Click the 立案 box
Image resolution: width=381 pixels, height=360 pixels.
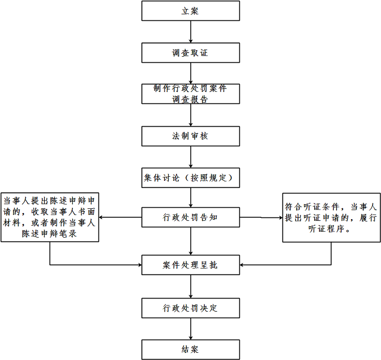(190, 11)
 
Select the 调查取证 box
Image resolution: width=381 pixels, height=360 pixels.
(190, 53)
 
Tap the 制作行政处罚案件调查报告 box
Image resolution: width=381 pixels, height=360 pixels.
(190, 94)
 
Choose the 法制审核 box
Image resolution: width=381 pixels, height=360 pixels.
(190, 136)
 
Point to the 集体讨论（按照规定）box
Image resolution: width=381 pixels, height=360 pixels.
(190, 177)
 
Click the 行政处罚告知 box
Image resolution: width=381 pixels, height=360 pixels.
(190, 217)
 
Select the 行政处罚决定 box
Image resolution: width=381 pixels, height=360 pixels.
(190, 308)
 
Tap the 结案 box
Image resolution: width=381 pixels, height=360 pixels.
(190, 349)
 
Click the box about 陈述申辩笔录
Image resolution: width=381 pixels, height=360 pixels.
(49, 217)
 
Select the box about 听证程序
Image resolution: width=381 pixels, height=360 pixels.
(331, 217)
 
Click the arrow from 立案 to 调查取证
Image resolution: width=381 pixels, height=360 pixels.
(190, 32)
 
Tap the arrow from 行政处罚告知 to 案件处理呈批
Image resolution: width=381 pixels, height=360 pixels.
(190, 241)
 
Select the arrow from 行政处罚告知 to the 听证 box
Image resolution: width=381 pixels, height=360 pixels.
(261, 217)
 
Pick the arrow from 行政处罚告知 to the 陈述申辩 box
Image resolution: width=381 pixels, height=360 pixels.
(120, 217)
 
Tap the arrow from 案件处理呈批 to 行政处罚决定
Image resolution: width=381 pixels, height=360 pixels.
(190, 287)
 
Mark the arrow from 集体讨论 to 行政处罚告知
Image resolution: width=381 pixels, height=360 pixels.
(190, 197)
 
